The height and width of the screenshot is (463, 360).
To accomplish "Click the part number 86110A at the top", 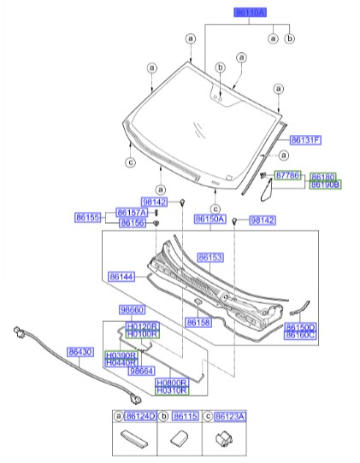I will pyautogui.click(x=251, y=13).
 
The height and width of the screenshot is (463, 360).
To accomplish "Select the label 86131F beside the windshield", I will pyautogui.click(x=304, y=139).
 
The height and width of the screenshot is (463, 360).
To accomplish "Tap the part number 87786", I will pyautogui.click(x=288, y=175).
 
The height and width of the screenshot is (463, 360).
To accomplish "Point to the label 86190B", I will pyautogui.click(x=325, y=184).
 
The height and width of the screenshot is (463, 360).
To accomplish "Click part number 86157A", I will pyautogui.click(x=133, y=212).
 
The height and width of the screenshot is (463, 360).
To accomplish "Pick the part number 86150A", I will pyautogui.click(x=210, y=220).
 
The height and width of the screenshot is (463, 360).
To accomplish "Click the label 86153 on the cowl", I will pyautogui.click(x=210, y=256).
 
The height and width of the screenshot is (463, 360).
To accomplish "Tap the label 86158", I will pyautogui.click(x=198, y=322).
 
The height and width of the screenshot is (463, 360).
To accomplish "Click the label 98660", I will pyautogui.click(x=132, y=311).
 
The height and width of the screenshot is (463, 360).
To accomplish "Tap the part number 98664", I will pyautogui.click(x=141, y=371).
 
